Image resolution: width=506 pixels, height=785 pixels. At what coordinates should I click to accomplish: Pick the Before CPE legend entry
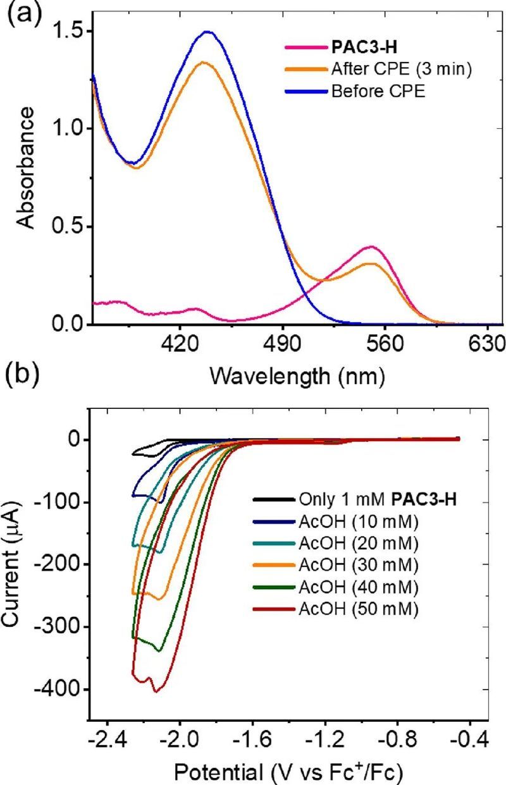(x=378, y=90)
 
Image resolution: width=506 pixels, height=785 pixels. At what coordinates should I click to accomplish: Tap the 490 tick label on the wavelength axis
(x=282, y=346)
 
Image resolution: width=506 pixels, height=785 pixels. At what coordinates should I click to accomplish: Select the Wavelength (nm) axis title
(x=297, y=377)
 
